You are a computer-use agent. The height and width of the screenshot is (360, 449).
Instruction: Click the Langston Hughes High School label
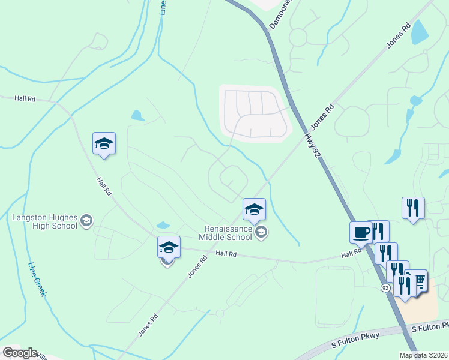coord(44,221)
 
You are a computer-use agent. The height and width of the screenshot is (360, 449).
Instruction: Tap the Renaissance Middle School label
coord(228,233)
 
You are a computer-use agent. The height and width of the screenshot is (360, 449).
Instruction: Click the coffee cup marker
coord(361,232)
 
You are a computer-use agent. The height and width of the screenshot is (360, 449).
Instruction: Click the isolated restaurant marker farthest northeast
coord(413,208)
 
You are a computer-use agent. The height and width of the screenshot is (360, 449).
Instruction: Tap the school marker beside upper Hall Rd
coord(104,144)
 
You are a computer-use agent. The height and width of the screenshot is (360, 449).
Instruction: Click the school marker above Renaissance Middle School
coord(254,210)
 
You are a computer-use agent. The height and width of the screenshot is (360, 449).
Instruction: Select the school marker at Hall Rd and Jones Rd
coord(169,247)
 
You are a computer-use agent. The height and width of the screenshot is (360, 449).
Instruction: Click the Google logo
coord(19,353)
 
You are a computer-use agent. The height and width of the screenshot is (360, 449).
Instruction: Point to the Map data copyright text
coord(424,355)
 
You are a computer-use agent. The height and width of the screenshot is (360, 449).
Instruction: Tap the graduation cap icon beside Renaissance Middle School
coord(261,232)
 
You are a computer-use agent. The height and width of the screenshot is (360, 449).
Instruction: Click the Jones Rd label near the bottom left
coord(148,325)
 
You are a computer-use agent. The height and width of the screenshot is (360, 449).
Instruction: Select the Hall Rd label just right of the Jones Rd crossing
coord(227,254)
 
